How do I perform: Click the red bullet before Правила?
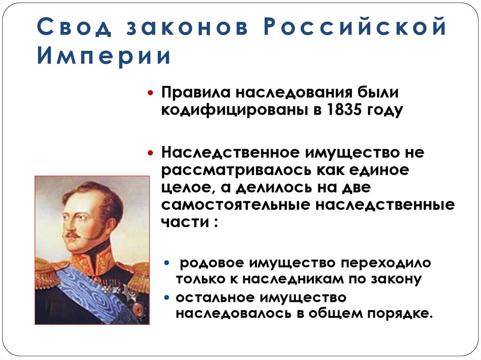coord(151,93)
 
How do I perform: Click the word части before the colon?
coord(184,222)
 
